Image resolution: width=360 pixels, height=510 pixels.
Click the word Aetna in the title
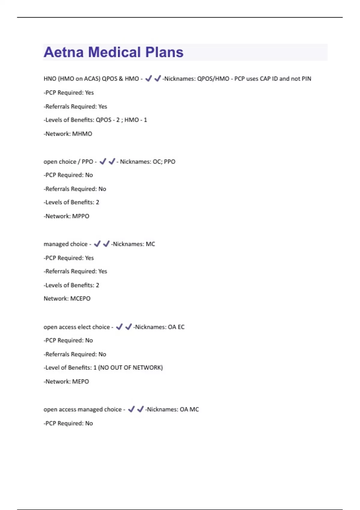click(x=64, y=52)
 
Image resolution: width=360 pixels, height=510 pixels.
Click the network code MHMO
click(x=82, y=134)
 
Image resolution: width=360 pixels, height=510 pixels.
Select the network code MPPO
click(x=81, y=216)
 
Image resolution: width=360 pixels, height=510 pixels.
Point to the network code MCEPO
click(x=80, y=298)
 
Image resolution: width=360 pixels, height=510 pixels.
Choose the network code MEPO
click(x=80, y=382)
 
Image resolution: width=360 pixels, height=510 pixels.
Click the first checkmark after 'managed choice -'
click(x=97, y=244)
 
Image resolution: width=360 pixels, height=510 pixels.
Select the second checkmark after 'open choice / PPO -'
click(x=112, y=161)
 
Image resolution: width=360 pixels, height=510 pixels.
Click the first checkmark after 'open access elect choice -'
click(x=119, y=327)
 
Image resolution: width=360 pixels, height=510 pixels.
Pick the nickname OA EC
click(x=176, y=327)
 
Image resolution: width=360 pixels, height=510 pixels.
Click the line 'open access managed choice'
click(x=82, y=409)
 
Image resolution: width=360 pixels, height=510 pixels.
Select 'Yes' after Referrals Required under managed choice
click(x=103, y=271)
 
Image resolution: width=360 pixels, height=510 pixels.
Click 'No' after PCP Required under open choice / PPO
click(x=89, y=175)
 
